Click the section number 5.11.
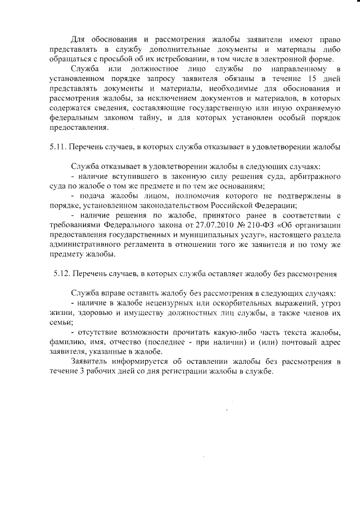[x=57, y=147]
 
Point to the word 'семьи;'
[x=60, y=323]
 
